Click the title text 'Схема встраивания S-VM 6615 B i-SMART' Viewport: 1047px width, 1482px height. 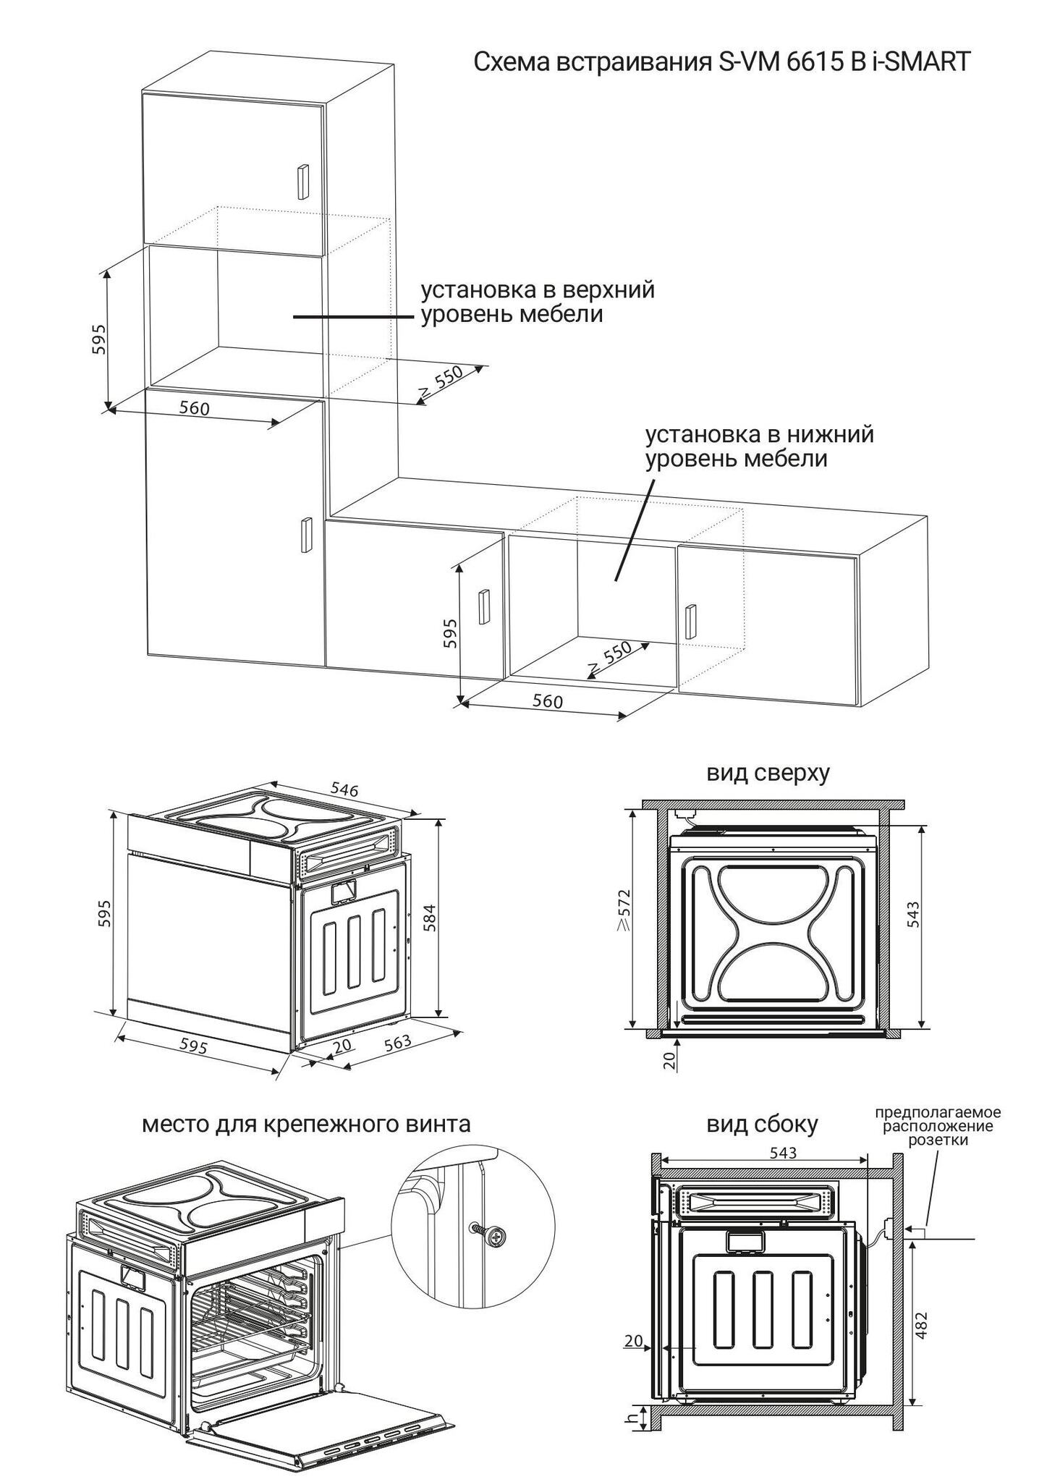(721, 62)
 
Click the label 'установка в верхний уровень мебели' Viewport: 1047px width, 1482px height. (538, 302)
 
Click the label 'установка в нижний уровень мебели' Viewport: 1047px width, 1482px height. (760, 446)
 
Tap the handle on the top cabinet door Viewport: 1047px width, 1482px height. (302, 182)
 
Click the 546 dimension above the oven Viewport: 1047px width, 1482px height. (344, 789)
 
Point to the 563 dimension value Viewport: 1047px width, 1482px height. (397, 1043)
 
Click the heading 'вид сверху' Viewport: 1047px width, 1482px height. (768, 773)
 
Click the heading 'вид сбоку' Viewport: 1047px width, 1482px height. (762, 1124)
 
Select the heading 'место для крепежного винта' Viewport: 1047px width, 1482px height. (306, 1124)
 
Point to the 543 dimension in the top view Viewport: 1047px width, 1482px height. (913, 915)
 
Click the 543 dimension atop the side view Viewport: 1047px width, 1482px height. (784, 1152)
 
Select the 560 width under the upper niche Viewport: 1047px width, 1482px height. (194, 408)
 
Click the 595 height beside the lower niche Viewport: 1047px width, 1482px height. (450, 632)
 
